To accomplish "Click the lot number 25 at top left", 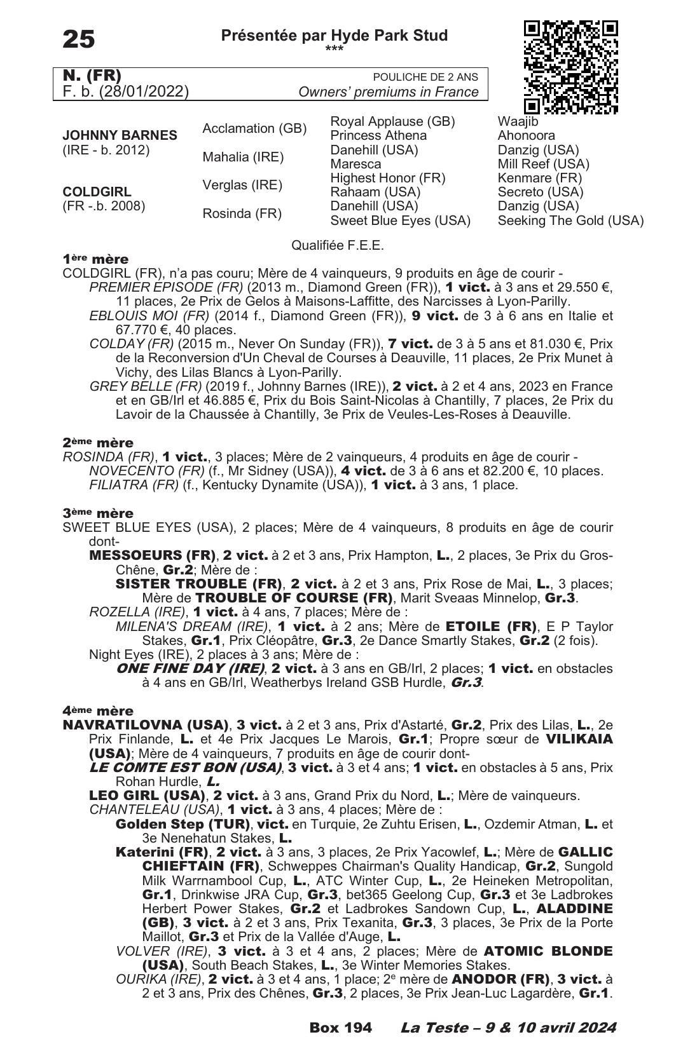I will tap(79, 39).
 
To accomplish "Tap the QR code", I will tap(570, 67).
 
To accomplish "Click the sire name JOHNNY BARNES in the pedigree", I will tap(120, 135).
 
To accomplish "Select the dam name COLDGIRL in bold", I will tap(97, 192).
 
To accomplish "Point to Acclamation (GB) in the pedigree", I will tap(254, 129).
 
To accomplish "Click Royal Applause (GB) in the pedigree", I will tap(392, 121).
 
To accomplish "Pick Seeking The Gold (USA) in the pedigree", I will tap(570, 221).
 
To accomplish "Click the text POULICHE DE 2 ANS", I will tap(425, 78).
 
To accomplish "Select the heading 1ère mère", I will tap(95, 259).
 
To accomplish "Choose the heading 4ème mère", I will tap(98, 711).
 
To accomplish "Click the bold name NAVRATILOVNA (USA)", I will tap(146, 725).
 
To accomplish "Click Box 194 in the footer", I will tap(340, 1027).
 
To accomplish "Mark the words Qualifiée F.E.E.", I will tap(337, 245).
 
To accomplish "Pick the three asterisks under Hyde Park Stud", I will tap(334, 49).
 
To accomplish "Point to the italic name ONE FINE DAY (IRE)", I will tap(190, 668).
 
